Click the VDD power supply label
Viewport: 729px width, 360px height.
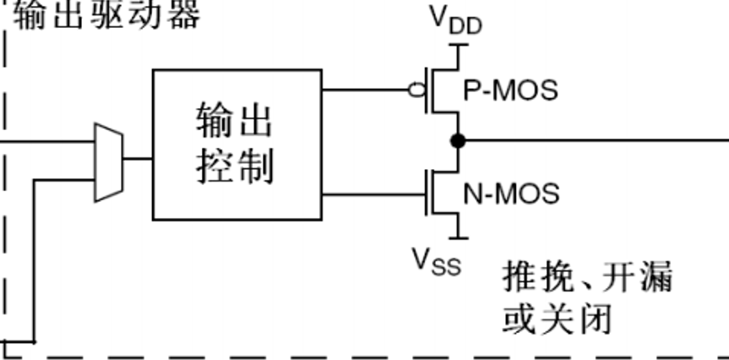[x=457, y=20]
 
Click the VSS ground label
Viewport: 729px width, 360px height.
[x=437, y=261]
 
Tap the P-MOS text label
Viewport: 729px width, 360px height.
[x=510, y=90]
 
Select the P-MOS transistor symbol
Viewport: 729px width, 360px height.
[x=443, y=90]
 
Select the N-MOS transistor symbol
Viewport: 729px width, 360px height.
[x=443, y=194]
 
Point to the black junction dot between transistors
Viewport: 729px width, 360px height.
[x=458, y=141]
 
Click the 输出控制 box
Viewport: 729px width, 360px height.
[x=237, y=145]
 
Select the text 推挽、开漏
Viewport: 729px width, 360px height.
[x=587, y=276]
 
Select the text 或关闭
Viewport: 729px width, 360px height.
[x=556, y=319]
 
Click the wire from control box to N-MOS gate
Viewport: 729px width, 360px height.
[x=372, y=195]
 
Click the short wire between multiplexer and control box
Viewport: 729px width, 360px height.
[x=138, y=158]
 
